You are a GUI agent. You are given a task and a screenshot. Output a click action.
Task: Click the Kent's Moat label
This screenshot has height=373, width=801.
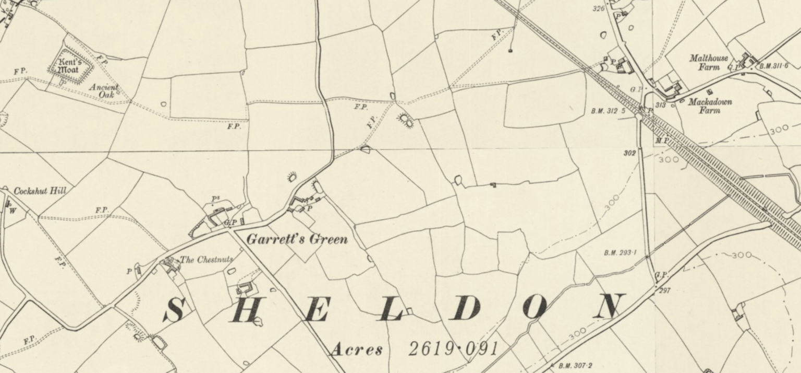[69, 66]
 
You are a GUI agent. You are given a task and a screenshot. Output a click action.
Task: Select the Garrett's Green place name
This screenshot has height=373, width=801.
[296, 240]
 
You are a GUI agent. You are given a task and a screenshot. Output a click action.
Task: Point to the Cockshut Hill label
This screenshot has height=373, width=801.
[40, 191]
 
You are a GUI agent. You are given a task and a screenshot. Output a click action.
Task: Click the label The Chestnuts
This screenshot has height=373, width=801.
[207, 260]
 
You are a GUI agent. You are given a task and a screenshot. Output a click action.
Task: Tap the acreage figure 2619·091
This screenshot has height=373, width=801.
[453, 349]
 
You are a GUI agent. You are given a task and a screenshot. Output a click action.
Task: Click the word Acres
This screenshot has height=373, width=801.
[356, 349]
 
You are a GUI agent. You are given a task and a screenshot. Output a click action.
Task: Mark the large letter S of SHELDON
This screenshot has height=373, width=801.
[174, 310]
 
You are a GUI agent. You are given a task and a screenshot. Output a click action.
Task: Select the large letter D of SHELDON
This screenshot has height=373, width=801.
[466, 309]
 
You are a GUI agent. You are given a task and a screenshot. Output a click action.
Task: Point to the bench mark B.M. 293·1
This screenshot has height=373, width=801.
[621, 253]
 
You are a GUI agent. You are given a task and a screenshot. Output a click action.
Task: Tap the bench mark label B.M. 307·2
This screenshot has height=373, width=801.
[575, 366]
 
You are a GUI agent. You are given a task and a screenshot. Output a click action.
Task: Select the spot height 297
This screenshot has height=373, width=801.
[664, 290]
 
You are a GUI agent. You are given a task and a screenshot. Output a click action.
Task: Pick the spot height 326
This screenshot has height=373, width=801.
[598, 8]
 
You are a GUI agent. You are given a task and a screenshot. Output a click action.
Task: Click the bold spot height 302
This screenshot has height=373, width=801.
[629, 153]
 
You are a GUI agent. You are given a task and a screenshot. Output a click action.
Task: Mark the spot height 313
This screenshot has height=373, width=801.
[660, 105]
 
